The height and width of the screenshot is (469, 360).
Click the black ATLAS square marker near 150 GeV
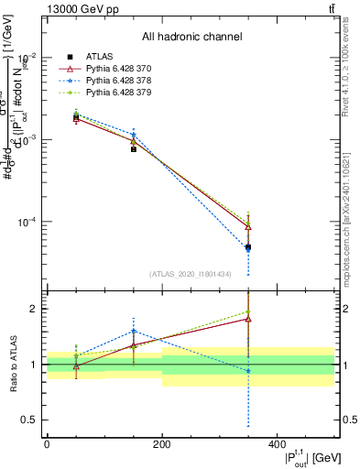tap(134, 148)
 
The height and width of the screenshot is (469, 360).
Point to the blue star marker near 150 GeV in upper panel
tap(134, 135)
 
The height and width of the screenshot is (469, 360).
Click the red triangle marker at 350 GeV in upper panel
tap(248, 226)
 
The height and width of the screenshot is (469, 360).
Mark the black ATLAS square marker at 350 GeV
tap(248, 247)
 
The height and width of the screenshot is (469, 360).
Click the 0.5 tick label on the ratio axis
tap(32, 420)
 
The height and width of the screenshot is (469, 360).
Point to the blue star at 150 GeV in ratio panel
tap(134, 331)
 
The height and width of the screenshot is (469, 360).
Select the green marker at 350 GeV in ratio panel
tap(248, 311)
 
